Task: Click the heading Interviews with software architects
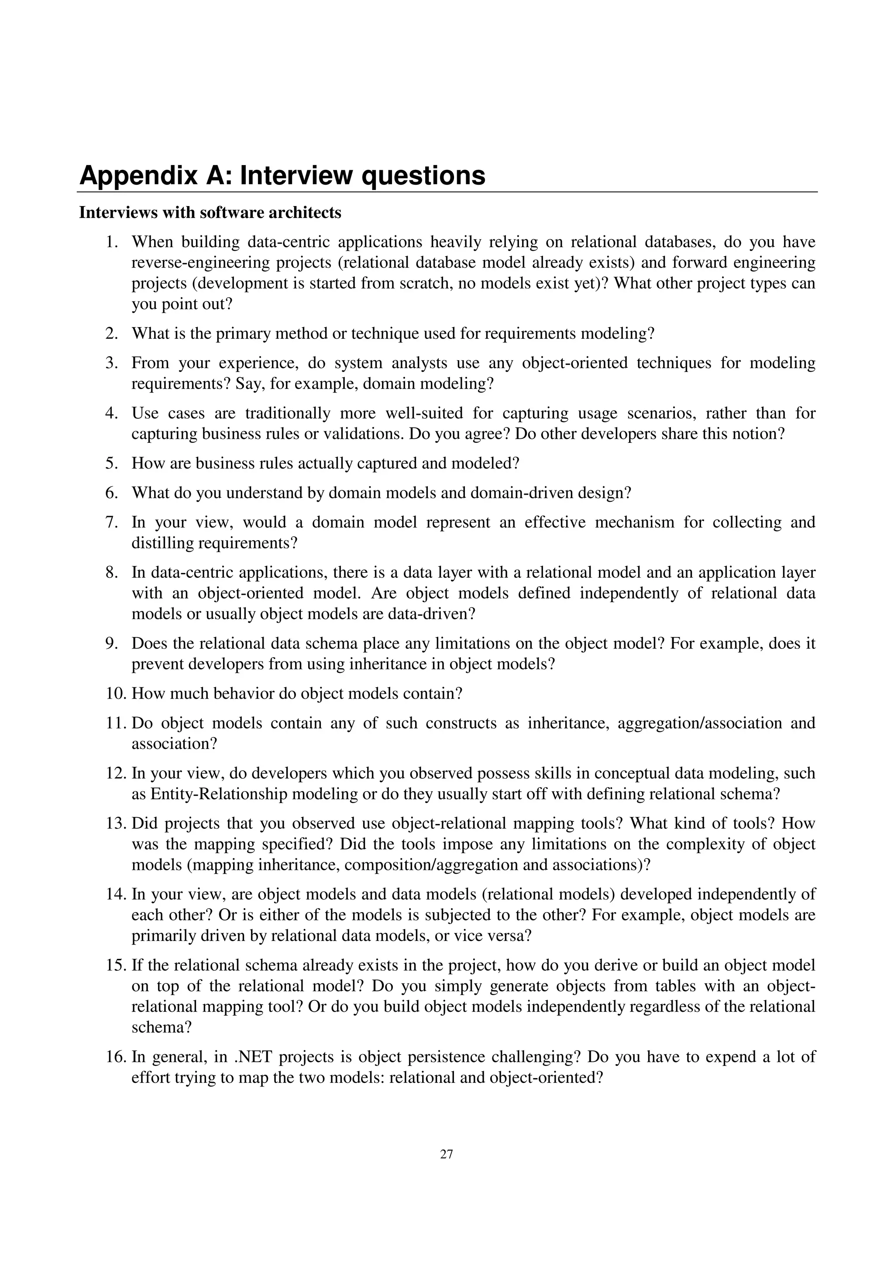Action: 210,213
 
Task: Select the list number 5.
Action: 112,463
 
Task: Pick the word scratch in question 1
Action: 423,283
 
